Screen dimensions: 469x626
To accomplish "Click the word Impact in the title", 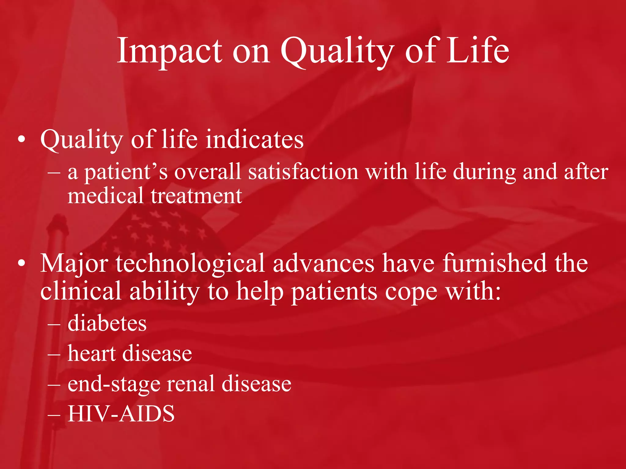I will [x=170, y=50].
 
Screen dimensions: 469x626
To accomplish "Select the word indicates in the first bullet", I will [x=254, y=139].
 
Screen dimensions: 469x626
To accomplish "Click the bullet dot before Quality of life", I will [x=21, y=140].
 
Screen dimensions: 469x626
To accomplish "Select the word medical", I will [x=105, y=196].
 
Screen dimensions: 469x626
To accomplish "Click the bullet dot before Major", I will [x=21, y=264].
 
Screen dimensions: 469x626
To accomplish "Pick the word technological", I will [x=190, y=264].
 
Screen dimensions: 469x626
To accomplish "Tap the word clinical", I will [x=81, y=291].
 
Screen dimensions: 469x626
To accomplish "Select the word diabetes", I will [x=107, y=323].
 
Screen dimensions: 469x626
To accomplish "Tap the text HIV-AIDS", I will [x=121, y=413].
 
